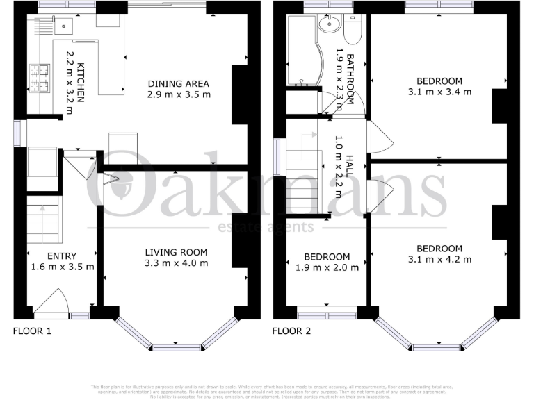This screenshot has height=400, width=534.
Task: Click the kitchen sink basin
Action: click(63, 26)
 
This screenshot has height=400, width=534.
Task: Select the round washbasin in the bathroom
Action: click(326, 26)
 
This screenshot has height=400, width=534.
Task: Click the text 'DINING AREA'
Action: click(178, 84)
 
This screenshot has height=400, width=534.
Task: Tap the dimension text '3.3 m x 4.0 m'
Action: click(176, 264)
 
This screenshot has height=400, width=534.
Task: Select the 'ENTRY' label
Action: click(62, 256)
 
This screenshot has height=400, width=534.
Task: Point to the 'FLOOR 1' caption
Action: click(33, 331)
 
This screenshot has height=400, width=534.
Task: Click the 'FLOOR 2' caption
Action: click(291, 331)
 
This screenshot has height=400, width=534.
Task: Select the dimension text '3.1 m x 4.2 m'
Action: click(439, 260)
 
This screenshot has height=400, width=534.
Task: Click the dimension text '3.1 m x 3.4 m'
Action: click(439, 91)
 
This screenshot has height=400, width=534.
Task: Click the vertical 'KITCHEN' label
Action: click(81, 82)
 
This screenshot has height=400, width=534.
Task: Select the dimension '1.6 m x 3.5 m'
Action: click(62, 267)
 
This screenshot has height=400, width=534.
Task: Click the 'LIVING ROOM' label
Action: click(176, 252)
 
